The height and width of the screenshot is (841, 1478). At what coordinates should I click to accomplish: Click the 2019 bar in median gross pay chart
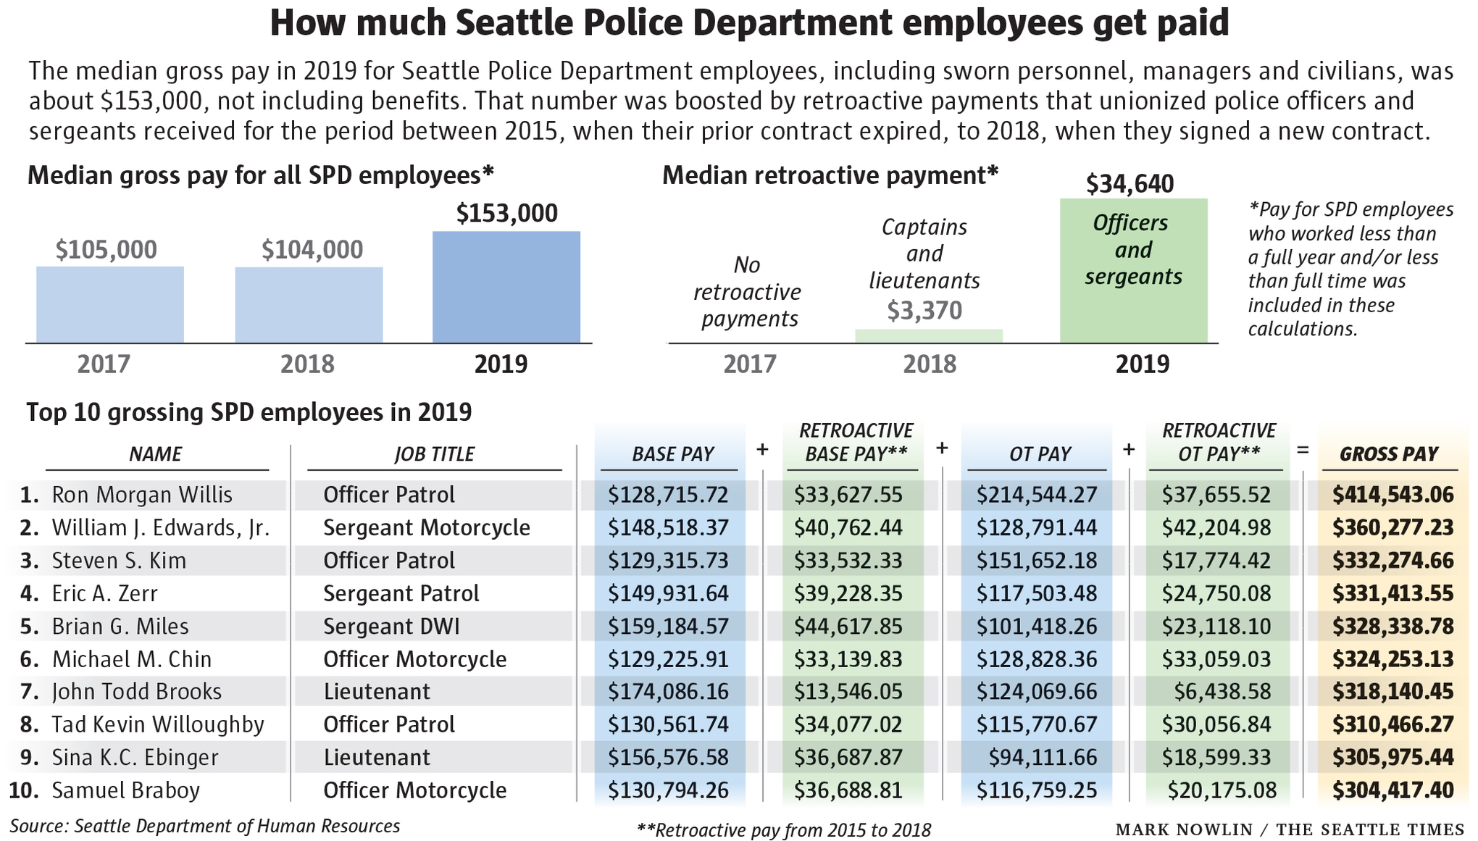[x=506, y=287]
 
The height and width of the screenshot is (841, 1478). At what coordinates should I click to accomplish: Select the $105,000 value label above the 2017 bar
[x=106, y=250]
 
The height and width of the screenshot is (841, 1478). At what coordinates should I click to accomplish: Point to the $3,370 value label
[x=924, y=311]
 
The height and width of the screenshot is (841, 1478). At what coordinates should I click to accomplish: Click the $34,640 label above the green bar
[x=1130, y=184]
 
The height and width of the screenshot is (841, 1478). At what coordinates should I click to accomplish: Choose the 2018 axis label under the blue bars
[x=308, y=364]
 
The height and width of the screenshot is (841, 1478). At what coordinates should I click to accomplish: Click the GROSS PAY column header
[x=1388, y=454]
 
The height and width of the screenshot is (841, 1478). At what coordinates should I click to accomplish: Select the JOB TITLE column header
[x=434, y=454]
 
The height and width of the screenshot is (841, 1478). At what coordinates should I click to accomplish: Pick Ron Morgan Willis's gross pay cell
[x=1393, y=495]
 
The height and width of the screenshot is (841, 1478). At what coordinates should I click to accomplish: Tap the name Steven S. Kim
[x=119, y=561]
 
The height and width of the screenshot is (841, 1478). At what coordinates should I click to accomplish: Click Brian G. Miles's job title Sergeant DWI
[x=391, y=626]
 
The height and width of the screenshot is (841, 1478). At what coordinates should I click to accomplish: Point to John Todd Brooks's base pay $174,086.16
[x=668, y=692]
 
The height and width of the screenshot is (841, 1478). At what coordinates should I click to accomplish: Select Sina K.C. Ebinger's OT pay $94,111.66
[x=1043, y=757]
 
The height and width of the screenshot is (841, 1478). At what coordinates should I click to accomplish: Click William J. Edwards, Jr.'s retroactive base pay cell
[x=848, y=527]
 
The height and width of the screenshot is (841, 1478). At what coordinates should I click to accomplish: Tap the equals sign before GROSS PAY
[x=1303, y=451]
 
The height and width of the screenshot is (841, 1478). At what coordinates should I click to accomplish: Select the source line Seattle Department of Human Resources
[x=237, y=826]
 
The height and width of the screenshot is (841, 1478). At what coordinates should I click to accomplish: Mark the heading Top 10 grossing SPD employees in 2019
[x=249, y=412]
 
